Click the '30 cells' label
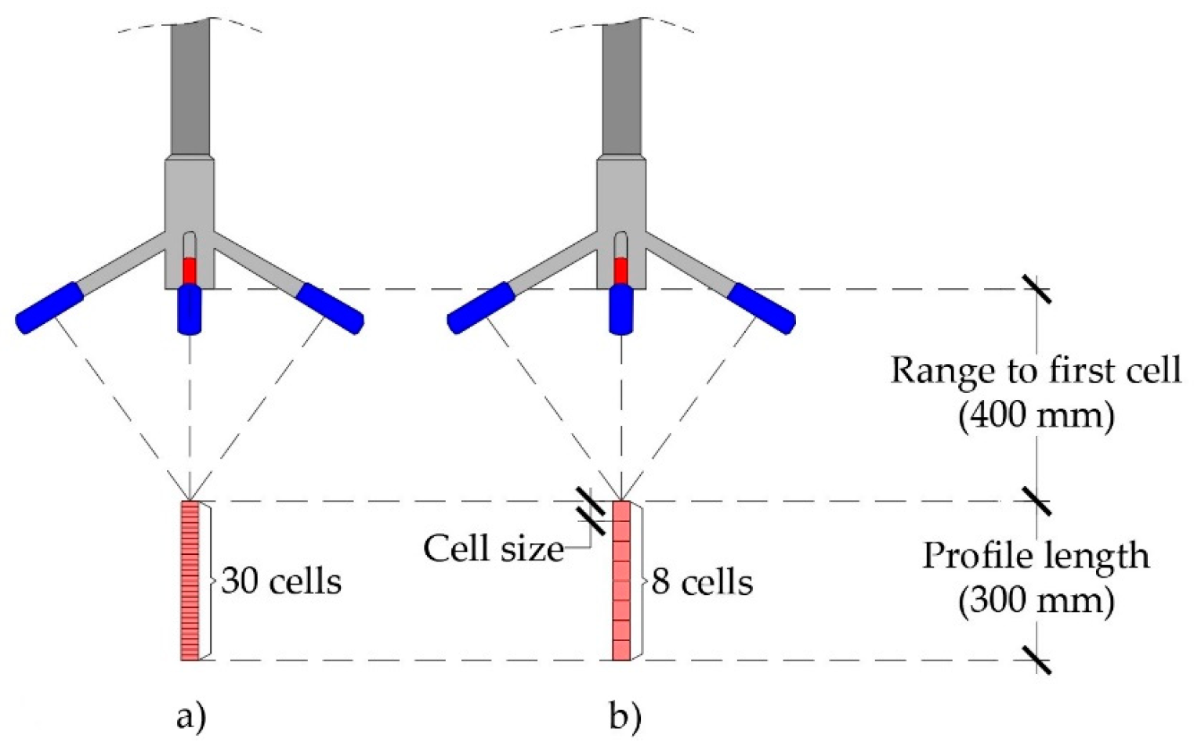(281, 582)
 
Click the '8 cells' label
(702, 582)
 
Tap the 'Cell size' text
(494, 549)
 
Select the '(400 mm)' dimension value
(1036, 414)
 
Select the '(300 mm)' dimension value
(1036, 600)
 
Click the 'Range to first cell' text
(1036, 369)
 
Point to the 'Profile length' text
(1036, 556)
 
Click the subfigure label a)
(190, 716)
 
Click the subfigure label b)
(624, 716)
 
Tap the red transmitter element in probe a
(189, 270)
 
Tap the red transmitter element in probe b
(621, 270)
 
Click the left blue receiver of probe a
(49, 308)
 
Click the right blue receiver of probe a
(331, 308)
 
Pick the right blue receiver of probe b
(762, 308)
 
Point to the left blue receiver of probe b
(480, 308)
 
